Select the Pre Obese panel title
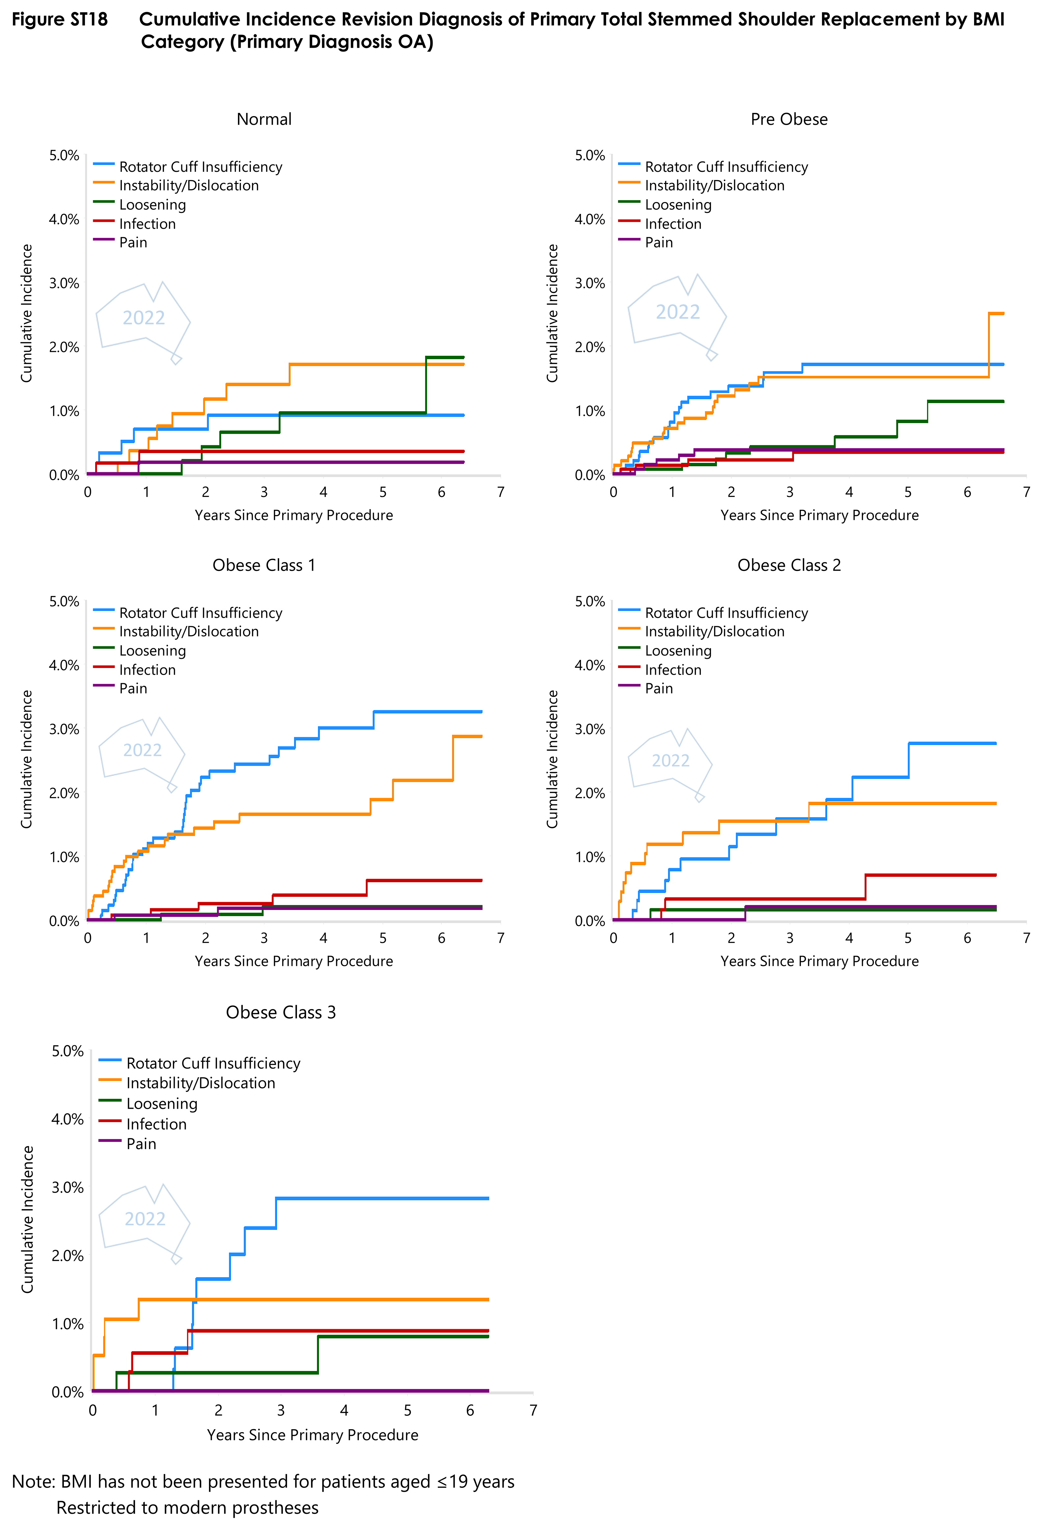pyautogui.click(x=789, y=119)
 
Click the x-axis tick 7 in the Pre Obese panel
pyautogui.click(x=1026, y=492)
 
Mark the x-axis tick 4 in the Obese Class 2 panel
pyautogui.click(x=849, y=938)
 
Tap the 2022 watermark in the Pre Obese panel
pyautogui.click(x=677, y=312)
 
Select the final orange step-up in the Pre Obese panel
pyautogui.click(x=989, y=345)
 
